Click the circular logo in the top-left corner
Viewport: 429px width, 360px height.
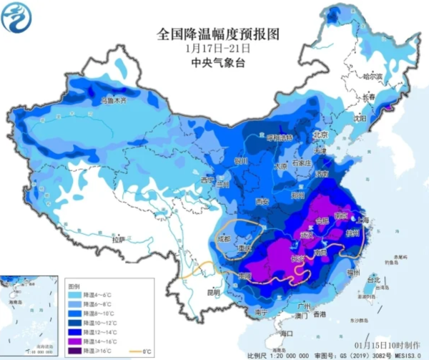tap(17, 19)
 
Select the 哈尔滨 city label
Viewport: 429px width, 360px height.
tap(372, 75)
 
